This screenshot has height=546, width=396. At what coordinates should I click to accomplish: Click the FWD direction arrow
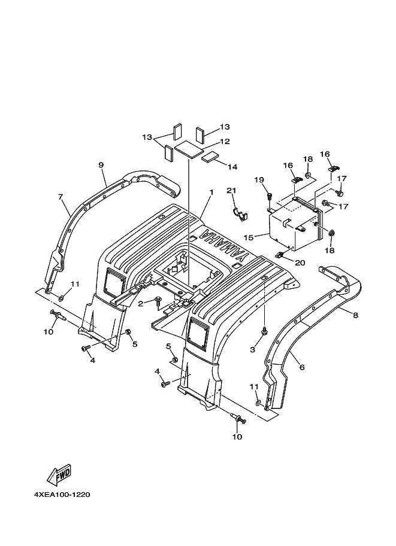tap(60, 475)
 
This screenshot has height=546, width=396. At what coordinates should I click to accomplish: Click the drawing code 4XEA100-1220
tap(62, 495)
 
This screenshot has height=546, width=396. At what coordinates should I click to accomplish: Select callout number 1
tap(211, 192)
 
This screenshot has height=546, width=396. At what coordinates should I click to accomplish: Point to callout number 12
tap(225, 141)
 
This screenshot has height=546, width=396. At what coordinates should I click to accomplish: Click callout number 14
tap(232, 167)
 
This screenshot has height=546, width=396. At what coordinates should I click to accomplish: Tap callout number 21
tap(231, 191)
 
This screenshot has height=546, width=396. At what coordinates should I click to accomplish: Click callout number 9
tap(101, 164)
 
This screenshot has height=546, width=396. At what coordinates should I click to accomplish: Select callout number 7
tap(61, 197)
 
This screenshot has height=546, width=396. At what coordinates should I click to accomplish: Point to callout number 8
tap(355, 316)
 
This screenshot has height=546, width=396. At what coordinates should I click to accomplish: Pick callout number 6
tap(302, 367)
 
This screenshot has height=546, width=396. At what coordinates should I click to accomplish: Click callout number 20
tap(300, 263)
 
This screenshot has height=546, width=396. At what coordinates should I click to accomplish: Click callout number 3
tap(253, 349)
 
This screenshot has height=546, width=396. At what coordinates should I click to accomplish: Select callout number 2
tap(141, 304)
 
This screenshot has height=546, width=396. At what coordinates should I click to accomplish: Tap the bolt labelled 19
tap(270, 196)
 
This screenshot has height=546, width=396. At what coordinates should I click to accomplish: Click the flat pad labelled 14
tap(210, 157)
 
